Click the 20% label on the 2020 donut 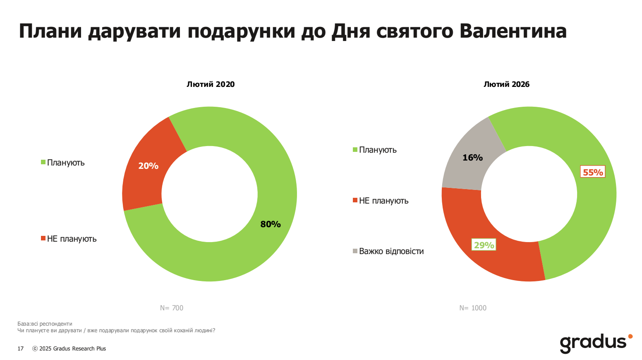[x=148, y=166]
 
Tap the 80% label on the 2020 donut [x=271, y=224]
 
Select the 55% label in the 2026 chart [x=593, y=172]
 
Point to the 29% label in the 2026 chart [x=484, y=245]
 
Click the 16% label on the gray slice [x=472, y=158]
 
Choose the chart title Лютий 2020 [x=211, y=84]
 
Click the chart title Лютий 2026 [x=506, y=84]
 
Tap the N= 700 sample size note [x=172, y=308]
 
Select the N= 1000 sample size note [x=473, y=308]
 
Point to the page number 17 [x=21, y=349]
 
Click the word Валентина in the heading [x=513, y=31]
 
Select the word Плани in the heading [x=50, y=31]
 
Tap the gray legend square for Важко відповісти [x=355, y=251]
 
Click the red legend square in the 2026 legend [x=355, y=201]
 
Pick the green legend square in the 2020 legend [x=43, y=162]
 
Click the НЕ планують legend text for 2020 [x=72, y=239]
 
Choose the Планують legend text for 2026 [x=378, y=150]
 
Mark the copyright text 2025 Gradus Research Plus [x=72, y=349]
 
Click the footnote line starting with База [x=45, y=324]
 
